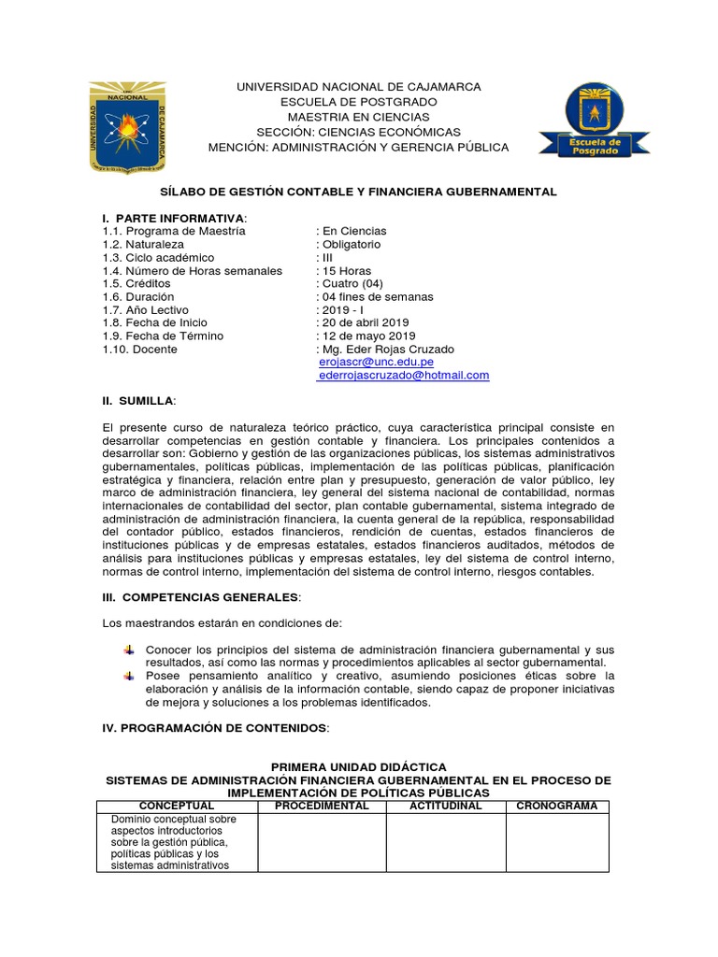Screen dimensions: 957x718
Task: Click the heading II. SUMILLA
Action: pos(138,400)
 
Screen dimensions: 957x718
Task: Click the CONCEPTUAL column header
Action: pos(177,806)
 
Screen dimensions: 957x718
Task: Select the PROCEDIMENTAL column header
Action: pos(322,806)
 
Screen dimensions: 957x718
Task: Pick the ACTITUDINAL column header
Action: pos(445,806)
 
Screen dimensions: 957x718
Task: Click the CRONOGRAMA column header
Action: pos(557,806)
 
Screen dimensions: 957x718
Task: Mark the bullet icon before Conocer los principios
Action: pos(127,649)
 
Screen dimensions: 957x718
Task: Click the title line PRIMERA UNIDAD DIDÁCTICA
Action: pos(358,766)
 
